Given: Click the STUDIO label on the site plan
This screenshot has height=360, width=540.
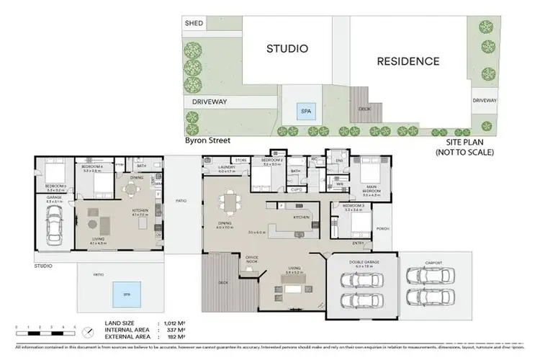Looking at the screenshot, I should (x=287, y=49).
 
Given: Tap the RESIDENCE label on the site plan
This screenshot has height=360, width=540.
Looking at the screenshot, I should (x=408, y=61).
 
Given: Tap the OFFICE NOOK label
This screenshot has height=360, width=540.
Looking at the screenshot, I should (x=252, y=258).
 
